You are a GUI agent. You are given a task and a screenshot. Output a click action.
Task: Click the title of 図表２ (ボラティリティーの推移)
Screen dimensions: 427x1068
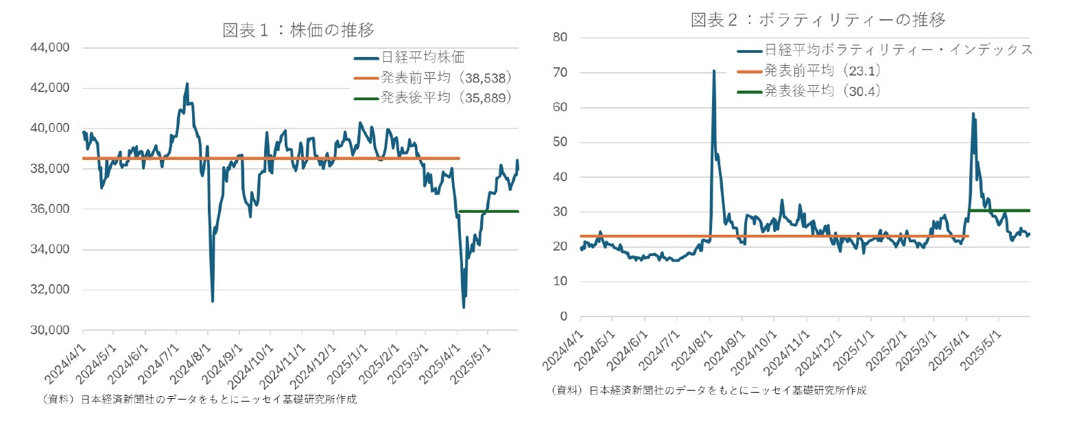(x=818, y=20)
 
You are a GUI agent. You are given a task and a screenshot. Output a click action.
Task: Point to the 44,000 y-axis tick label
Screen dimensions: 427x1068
(x=49, y=48)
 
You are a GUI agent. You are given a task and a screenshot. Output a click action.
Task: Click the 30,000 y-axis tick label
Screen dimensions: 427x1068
(x=49, y=330)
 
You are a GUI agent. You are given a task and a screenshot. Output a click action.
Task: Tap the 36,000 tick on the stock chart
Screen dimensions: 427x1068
(x=49, y=209)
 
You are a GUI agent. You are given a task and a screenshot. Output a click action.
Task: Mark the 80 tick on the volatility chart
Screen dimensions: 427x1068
(x=560, y=37)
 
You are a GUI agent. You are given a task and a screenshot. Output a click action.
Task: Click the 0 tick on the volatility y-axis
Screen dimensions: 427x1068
(x=564, y=316)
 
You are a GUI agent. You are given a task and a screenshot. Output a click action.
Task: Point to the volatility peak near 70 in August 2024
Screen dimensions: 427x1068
(x=713, y=71)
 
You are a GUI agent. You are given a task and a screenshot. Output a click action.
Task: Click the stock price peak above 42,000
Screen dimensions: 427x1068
(x=187, y=84)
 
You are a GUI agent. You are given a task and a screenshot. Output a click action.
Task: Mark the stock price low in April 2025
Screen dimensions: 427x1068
(x=464, y=307)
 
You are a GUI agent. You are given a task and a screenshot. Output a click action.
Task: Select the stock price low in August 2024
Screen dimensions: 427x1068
(x=213, y=301)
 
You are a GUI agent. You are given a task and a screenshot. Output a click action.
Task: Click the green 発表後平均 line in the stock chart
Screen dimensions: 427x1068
(x=488, y=211)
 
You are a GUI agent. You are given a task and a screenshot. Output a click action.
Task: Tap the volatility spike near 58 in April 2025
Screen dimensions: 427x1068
(x=973, y=114)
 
